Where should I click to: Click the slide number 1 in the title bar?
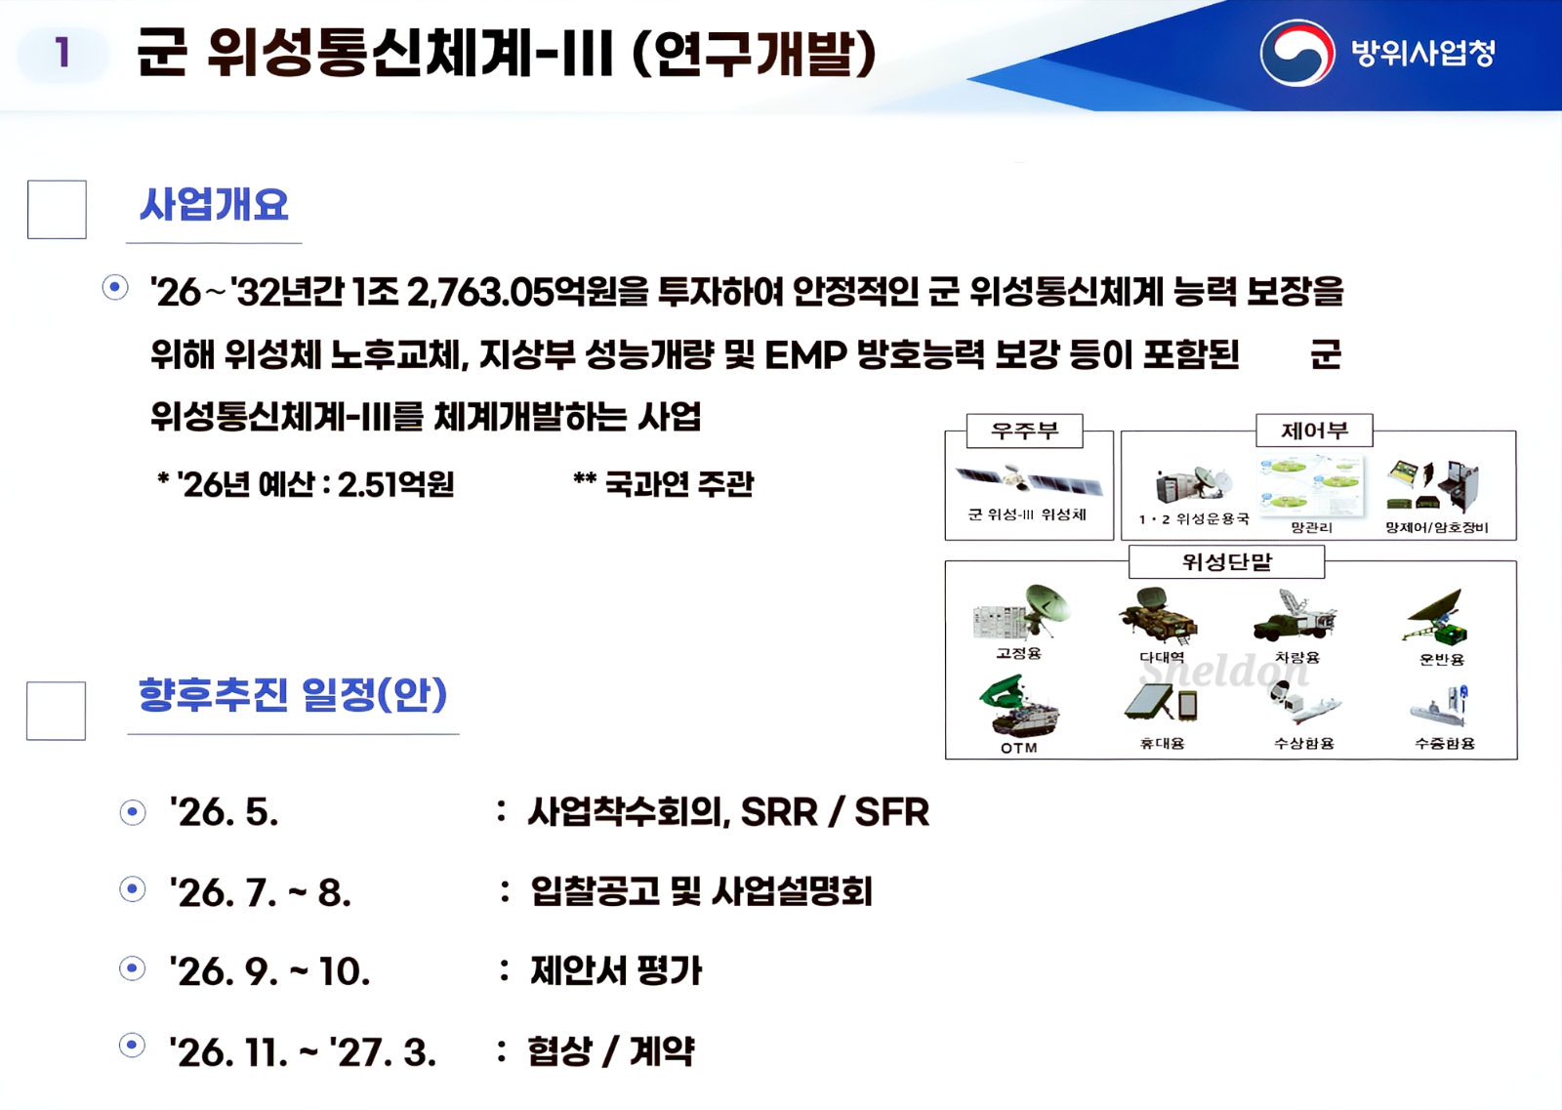[x=62, y=53]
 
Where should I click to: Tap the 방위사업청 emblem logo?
[x=1296, y=53]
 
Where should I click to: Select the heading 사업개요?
[x=214, y=205]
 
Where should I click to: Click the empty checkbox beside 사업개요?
[x=57, y=209]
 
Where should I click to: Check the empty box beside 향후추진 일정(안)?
[x=56, y=711]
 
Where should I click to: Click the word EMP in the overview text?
[x=804, y=354]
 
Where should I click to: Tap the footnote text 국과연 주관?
[x=678, y=483]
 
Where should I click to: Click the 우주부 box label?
[x=1024, y=431]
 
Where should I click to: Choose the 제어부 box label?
[x=1314, y=431]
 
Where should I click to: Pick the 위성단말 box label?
[x=1226, y=562]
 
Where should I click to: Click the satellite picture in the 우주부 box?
[x=1028, y=481]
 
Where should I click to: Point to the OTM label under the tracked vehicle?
[x=1018, y=748]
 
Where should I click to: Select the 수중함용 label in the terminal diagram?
[x=1444, y=744]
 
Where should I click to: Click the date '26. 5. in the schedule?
[x=225, y=812]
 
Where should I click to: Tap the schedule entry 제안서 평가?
[x=616, y=970]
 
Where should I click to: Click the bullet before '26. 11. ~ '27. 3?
[x=132, y=1046]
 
